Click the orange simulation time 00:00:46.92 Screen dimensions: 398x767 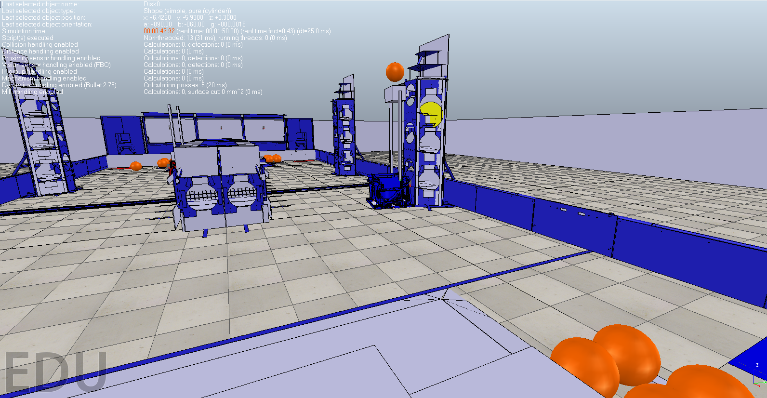[x=159, y=31]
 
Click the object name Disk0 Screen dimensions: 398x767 [x=151, y=4]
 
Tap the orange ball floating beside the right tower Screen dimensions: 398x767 [x=395, y=72]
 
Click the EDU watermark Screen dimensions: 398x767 [x=55, y=372]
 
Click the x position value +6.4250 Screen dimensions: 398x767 [x=160, y=17]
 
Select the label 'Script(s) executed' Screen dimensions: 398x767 [x=27, y=38]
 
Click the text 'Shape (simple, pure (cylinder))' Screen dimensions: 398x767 [x=187, y=11]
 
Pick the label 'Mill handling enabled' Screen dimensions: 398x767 [x=32, y=92]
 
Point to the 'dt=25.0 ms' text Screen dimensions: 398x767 [x=313, y=31]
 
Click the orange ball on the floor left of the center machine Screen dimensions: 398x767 [x=136, y=166]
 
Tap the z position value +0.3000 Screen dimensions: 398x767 [x=225, y=17]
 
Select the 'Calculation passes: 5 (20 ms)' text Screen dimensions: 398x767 [x=185, y=85]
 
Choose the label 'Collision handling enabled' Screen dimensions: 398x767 [x=40, y=44]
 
